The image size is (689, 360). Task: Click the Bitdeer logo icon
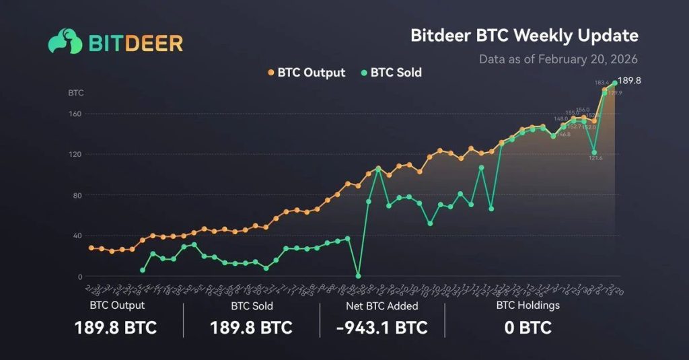(65, 41)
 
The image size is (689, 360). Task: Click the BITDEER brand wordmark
(135, 43)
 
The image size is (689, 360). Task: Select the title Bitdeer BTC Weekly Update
(524, 35)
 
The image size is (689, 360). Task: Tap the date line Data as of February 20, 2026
(558, 59)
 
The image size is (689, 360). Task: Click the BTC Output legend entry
(306, 72)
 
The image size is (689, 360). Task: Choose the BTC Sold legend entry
(392, 72)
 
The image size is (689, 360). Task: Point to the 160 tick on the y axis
(75, 114)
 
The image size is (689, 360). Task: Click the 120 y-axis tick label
(75, 154)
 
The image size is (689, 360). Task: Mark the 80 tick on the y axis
(76, 196)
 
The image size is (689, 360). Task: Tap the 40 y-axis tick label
(76, 236)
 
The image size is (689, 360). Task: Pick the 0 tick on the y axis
(79, 277)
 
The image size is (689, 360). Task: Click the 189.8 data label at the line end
(629, 81)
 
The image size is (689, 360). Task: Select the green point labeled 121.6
(593, 152)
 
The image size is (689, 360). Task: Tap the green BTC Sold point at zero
(358, 276)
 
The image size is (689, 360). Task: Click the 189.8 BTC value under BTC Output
(116, 328)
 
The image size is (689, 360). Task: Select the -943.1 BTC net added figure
(382, 328)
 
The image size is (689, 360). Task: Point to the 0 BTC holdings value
(528, 328)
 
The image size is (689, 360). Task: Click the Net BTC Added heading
(382, 306)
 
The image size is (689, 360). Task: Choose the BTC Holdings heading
(528, 305)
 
